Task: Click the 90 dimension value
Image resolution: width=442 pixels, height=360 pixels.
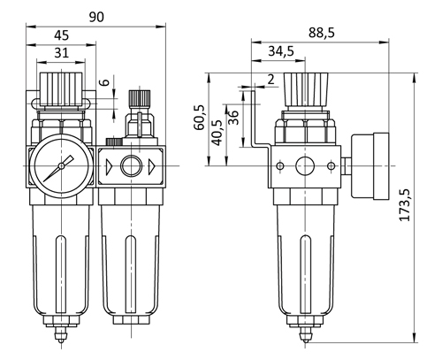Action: pyautogui.click(x=96, y=17)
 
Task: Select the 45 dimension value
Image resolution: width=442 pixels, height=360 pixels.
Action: pyautogui.click(x=62, y=35)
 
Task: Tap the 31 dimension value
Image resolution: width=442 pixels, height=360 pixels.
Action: pyautogui.click(x=62, y=53)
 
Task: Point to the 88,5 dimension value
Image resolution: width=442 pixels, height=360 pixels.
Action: pyautogui.click(x=322, y=33)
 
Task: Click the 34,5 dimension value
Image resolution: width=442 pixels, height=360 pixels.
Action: pyautogui.click(x=281, y=51)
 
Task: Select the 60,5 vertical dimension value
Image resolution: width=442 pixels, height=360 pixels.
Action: pyautogui.click(x=199, y=117)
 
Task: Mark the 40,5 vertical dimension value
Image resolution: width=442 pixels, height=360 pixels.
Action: pyautogui.click(x=217, y=133)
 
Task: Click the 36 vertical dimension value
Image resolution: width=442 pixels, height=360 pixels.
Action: pyautogui.click(x=233, y=118)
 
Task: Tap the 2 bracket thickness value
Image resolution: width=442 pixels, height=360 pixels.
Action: pyautogui.click(x=271, y=80)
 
